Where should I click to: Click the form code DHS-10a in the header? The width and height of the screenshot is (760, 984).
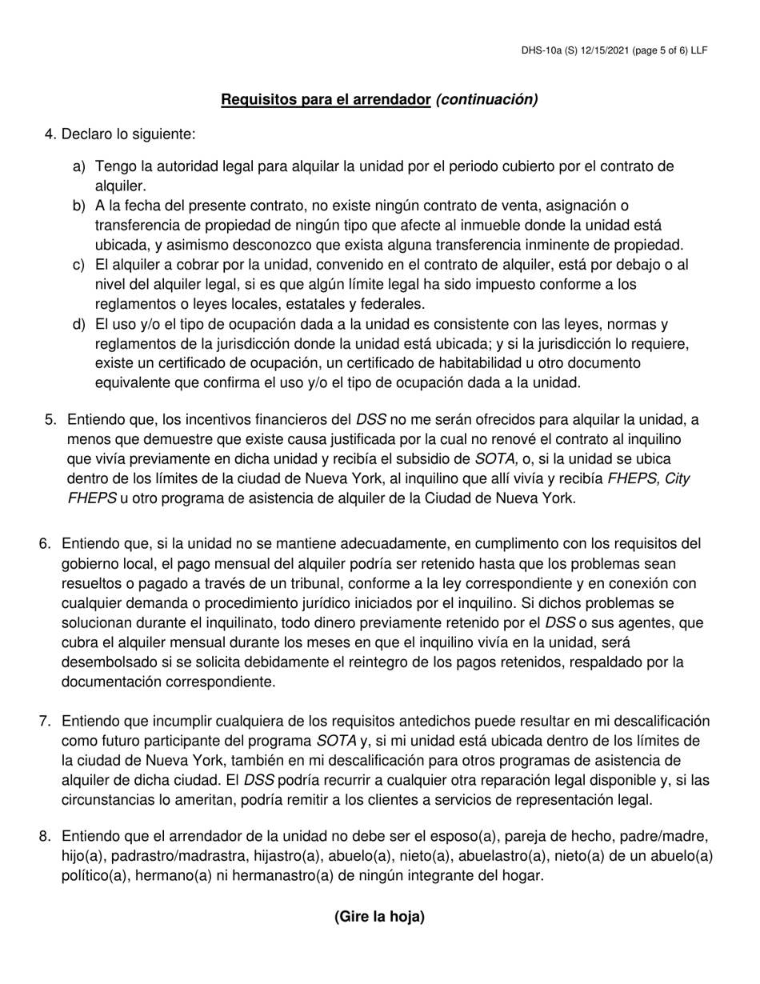tap(542, 50)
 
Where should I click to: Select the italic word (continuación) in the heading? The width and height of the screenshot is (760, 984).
tap(486, 100)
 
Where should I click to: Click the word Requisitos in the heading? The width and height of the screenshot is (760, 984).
tap(257, 100)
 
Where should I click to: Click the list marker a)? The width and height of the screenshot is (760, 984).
tap(78, 166)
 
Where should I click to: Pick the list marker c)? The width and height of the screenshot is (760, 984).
tap(78, 264)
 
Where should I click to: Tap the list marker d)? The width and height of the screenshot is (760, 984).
tap(78, 324)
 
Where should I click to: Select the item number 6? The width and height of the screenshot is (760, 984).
tap(46, 544)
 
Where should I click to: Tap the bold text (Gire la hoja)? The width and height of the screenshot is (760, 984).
tap(379, 917)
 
